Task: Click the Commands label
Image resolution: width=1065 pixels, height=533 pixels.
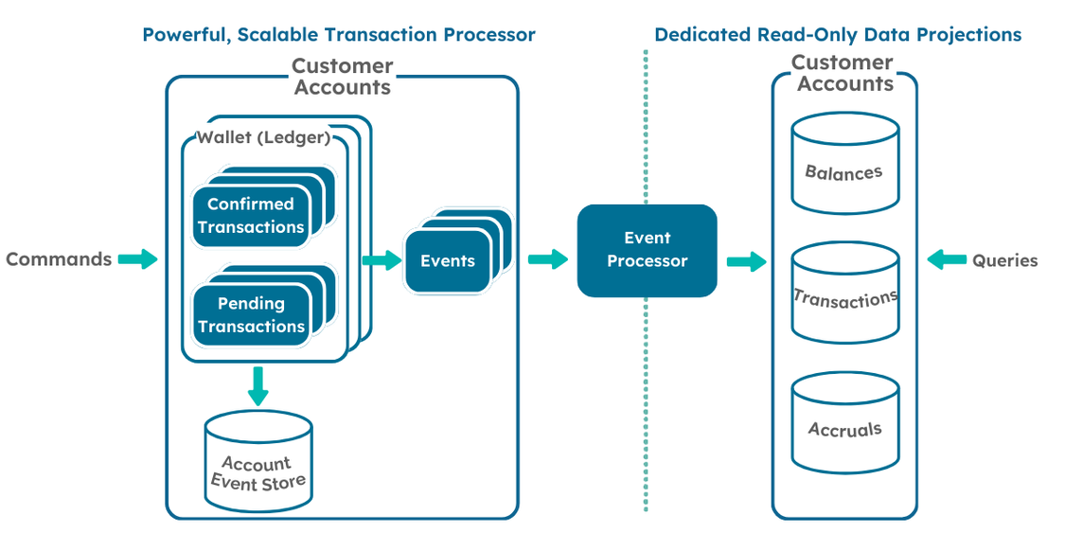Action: coord(59,259)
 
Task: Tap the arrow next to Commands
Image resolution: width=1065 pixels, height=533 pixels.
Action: coord(138,259)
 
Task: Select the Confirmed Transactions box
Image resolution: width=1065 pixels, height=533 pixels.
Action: coord(251,216)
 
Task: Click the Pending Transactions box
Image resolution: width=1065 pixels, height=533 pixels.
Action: coord(251,315)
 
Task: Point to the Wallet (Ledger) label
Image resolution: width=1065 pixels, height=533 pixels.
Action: coord(263,138)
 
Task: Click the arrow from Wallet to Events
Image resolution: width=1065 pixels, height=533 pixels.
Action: coord(382,260)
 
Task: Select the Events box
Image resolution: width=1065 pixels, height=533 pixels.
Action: coord(448,261)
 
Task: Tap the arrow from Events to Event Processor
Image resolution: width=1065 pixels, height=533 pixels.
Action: coord(547,259)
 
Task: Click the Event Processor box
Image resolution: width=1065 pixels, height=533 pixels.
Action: coord(648,250)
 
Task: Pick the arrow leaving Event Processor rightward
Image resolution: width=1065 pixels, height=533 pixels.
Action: coord(746,261)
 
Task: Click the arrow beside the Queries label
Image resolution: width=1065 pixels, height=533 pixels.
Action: coord(947,259)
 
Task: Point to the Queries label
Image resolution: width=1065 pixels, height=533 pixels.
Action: coord(1004,260)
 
